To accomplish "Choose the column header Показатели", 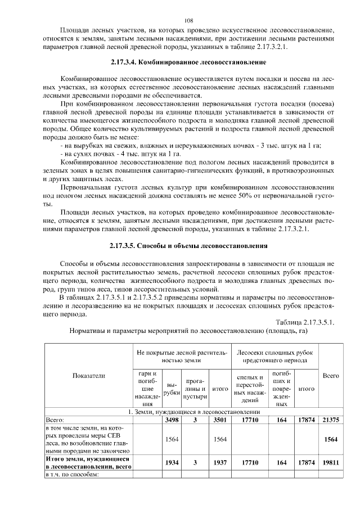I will (x=89, y=375).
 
